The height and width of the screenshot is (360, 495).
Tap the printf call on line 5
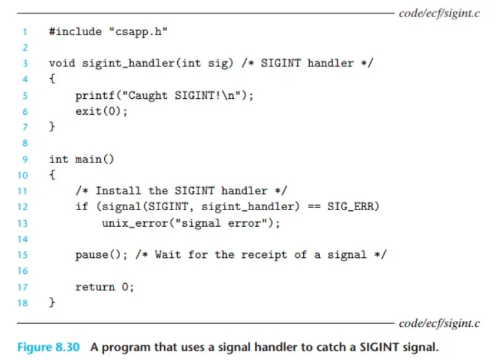(x=92, y=95)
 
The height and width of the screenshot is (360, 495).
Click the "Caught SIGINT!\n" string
(x=178, y=95)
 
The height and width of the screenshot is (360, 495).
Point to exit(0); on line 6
(x=101, y=111)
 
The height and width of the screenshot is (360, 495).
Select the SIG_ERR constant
(x=355, y=207)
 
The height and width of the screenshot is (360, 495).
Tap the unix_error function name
(x=135, y=223)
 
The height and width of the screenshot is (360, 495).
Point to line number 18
(x=23, y=303)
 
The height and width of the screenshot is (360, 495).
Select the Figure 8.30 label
(x=44, y=347)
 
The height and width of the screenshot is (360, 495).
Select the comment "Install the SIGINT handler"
(x=180, y=191)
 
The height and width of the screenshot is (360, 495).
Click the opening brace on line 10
(x=52, y=175)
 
